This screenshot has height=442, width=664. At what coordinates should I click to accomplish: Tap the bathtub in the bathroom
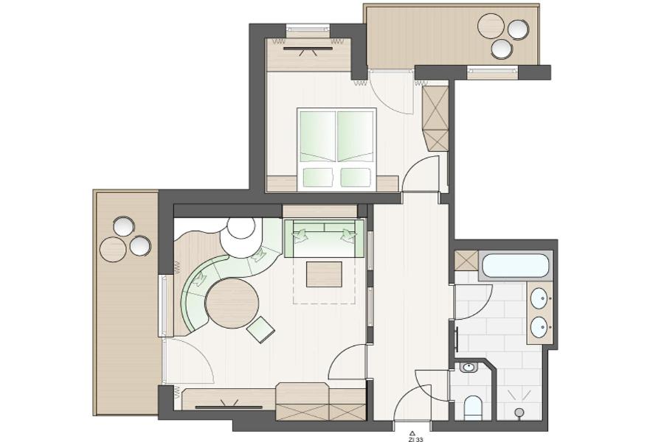click(x=516, y=265)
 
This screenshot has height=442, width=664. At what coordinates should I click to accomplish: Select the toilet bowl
click(x=473, y=407)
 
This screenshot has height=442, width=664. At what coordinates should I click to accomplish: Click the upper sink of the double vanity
click(x=539, y=298)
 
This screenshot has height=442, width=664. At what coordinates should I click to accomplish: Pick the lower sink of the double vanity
click(x=539, y=327)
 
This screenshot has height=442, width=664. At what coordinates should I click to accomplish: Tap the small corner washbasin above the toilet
click(x=468, y=367)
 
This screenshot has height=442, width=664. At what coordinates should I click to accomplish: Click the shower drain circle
click(x=519, y=412)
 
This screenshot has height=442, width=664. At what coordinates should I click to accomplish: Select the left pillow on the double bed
click(x=318, y=178)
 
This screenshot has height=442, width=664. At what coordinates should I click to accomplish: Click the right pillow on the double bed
click(x=356, y=178)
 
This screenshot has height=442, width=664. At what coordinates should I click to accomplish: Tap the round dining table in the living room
click(x=232, y=303)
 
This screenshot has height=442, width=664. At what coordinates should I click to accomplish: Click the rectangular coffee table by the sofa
click(x=324, y=274)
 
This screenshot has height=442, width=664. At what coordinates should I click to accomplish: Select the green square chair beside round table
click(x=260, y=329)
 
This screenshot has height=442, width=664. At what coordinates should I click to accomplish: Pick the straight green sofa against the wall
click(x=325, y=238)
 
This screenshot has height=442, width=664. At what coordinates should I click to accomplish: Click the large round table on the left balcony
click(x=114, y=249)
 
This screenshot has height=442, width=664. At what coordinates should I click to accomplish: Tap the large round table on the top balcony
click(x=491, y=26)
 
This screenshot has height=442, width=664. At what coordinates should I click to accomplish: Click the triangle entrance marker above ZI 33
click(x=412, y=433)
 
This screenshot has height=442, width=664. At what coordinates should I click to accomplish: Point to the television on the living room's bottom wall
click(x=229, y=406)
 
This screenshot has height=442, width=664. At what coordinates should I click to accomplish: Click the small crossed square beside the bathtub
click(x=466, y=261)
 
